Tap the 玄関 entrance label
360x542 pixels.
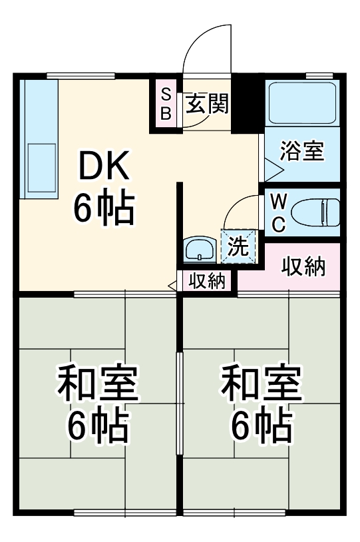pyautogui.click(x=207, y=105)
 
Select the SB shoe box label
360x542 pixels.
pyautogui.click(x=166, y=104)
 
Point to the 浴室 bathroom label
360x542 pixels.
pyautogui.click(x=301, y=151)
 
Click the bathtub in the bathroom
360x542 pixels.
pyautogui.click(x=301, y=102)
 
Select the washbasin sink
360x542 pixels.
pyautogui.click(x=198, y=250)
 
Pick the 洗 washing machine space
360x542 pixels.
pyautogui.click(x=238, y=246)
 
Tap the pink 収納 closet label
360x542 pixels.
pyautogui.click(x=303, y=267)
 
